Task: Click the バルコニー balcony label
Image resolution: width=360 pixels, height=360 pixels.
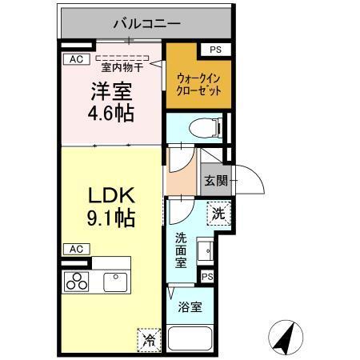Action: tap(146, 22)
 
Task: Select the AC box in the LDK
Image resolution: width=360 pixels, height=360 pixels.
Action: tap(75, 249)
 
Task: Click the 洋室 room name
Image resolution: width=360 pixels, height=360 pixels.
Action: tap(110, 90)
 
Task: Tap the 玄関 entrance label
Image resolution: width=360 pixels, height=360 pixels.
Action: tap(214, 181)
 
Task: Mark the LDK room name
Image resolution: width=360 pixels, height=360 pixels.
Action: tap(110, 194)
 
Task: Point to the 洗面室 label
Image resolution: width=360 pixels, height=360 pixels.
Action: tap(182, 250)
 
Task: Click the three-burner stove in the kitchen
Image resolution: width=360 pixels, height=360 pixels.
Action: tap(77, 281)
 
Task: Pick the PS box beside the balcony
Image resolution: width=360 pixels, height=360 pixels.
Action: tap(214, 49)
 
